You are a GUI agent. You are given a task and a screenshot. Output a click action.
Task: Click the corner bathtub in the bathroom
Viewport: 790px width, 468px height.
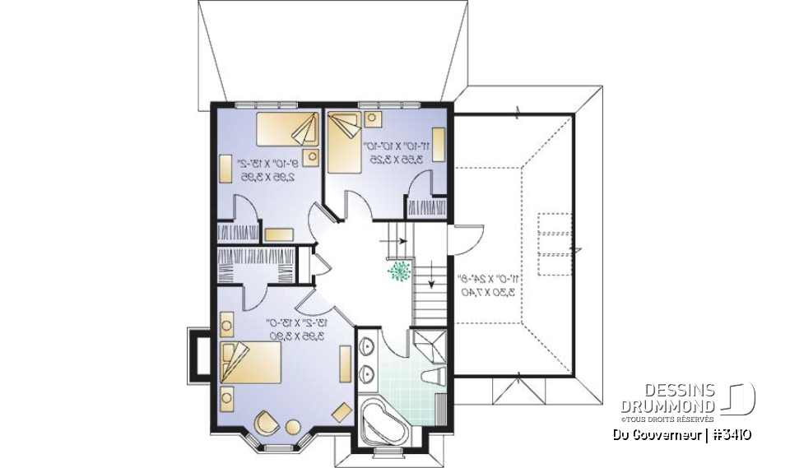click(x=383, y=422)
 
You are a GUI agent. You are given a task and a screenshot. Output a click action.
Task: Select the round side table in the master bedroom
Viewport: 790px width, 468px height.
click(x=293, y=426)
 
